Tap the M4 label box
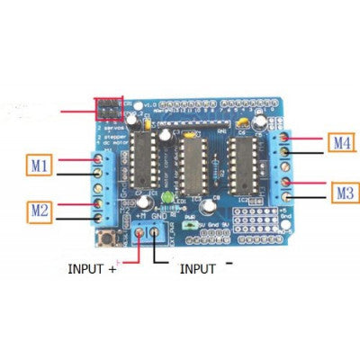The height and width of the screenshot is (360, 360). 343,142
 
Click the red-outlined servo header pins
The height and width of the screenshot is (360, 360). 109,110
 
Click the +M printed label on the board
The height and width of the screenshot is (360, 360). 142,217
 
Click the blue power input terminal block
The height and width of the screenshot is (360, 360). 147,236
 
